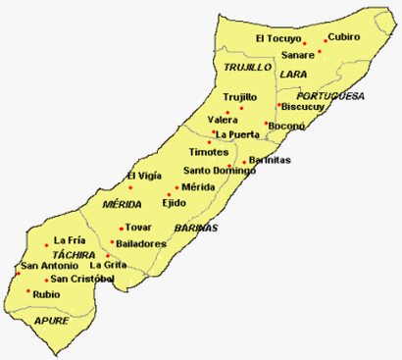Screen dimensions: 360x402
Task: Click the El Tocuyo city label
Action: (x=277, y=38)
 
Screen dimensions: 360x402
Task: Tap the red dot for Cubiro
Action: (x=326, y=42)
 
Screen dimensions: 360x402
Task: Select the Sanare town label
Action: (x=298, y=55)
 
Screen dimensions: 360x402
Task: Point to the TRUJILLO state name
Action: (x=246, y=68)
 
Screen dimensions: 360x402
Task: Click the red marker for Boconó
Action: (x=266, y=124)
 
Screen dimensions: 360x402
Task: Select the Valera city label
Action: (x=236, y=118)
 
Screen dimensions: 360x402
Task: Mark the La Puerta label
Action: (x=238, y=134)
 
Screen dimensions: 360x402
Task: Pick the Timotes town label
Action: (x=208, y=154)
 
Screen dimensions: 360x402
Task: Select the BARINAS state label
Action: (x=195, y=228)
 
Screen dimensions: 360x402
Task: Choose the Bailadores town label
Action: (x=140, y=243)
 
